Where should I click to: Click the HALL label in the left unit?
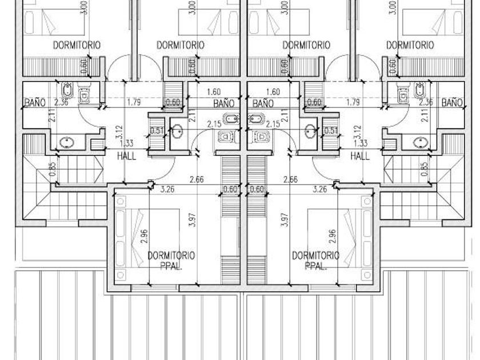pos(126,155)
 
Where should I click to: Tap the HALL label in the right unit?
pos(360,155)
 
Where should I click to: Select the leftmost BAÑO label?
pos(35,103)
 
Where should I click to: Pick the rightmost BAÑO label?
pos(451,103)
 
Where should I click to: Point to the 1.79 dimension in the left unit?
pos(135,103)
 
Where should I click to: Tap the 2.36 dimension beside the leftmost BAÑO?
pos(61,103)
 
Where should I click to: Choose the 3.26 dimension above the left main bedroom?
pos(167,189)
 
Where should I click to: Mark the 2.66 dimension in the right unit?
pos(290,179)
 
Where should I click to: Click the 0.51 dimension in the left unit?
pos(155,131)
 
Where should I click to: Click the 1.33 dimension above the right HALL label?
pos(361,144)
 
